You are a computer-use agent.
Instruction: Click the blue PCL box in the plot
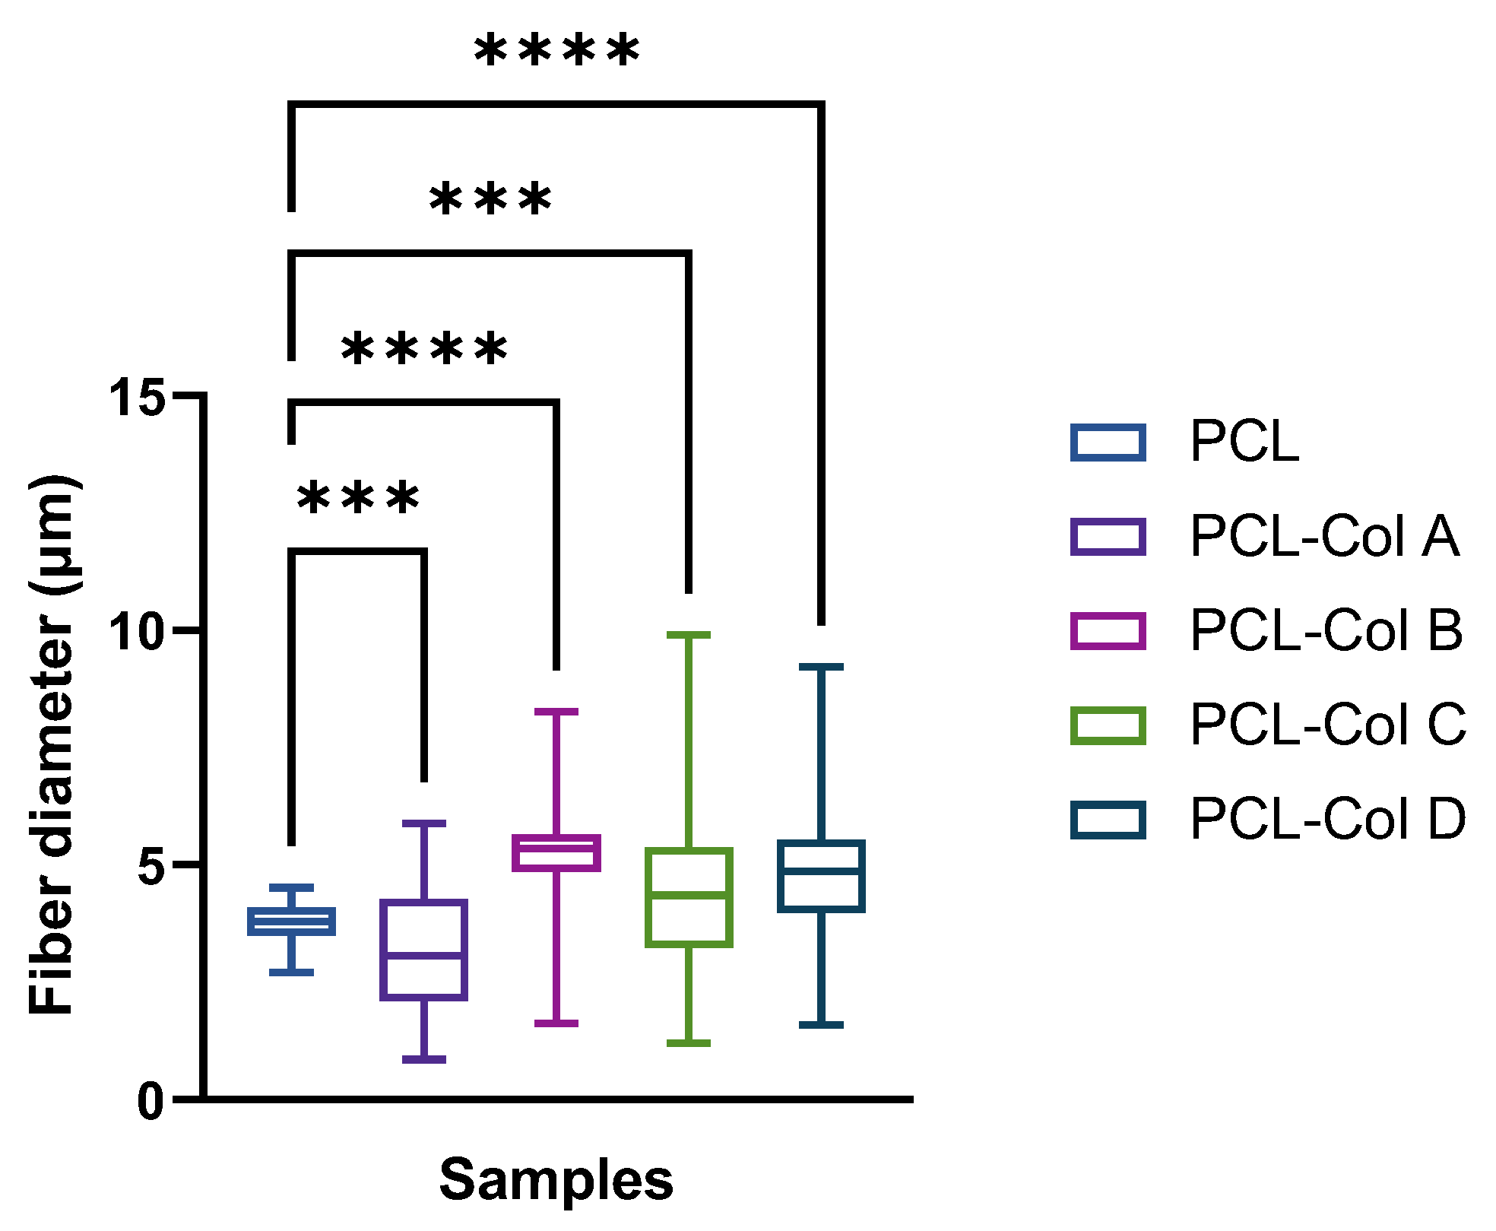coord(292,922)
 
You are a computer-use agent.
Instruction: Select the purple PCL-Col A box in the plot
coord(424,950)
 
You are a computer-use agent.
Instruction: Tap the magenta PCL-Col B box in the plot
coord(556,853)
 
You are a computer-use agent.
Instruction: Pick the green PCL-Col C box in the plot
coord(689,897)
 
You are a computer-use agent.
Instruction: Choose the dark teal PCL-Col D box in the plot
coord(821,876)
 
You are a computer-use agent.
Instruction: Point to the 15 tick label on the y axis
coord(137,396)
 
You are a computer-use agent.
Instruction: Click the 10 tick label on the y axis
coord(137,631)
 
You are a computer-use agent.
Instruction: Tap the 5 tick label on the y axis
coord(151,865)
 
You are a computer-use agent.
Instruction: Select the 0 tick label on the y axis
coord(151,1100)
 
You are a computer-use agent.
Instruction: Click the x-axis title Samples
coord(556,1179)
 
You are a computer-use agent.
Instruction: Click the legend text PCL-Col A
coord(1323,537)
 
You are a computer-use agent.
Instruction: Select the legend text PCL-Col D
coord(1327,820)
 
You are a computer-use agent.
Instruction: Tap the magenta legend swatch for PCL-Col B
coord(1108,631)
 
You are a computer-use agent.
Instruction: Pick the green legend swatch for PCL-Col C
coord(1108,725)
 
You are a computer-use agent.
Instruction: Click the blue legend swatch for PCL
coord(1108,443)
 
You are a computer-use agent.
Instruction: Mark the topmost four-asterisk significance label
coord(556,52)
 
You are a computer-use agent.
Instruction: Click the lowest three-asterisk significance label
coord(357,499)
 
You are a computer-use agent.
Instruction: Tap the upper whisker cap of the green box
coord(689,635)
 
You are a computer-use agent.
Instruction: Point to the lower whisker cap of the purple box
coord(424,1059)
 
